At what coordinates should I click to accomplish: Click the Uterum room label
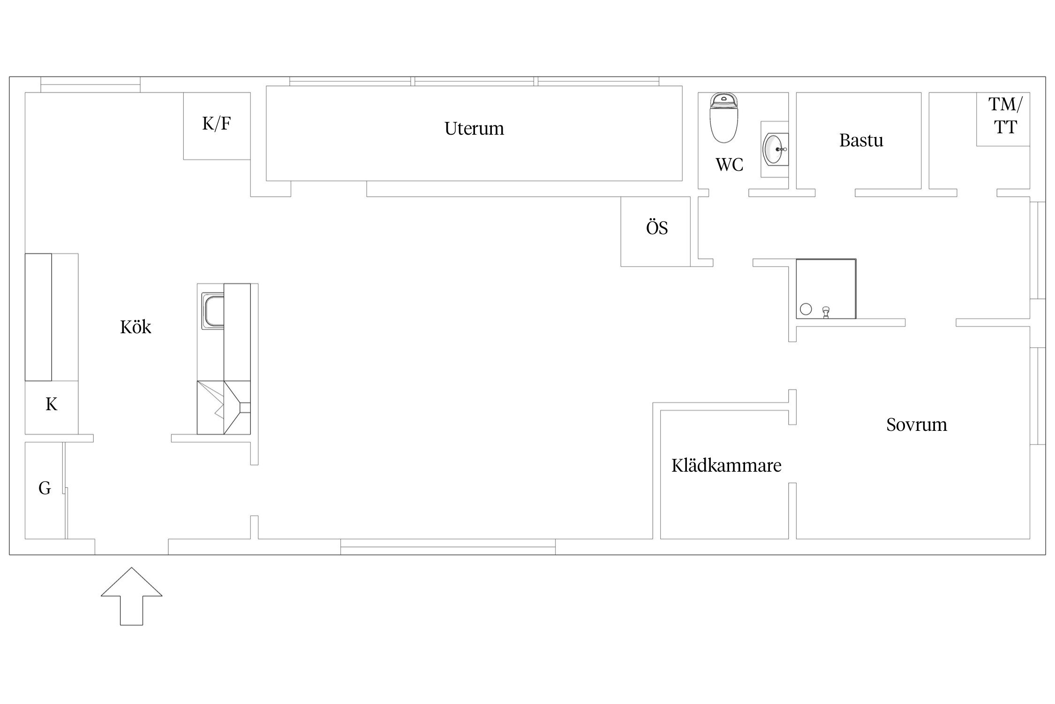click(474, 129)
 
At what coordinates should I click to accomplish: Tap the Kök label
click(136, 327)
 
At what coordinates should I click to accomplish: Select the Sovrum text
click(917, 425)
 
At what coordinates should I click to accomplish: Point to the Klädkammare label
click(726, 466)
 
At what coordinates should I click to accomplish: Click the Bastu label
click(861, 141)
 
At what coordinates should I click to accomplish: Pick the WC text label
click(729, 165)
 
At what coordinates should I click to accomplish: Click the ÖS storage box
click(656, 231)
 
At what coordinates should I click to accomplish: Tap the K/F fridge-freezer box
click(217, 126)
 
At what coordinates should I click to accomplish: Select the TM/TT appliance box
click(1003, 119)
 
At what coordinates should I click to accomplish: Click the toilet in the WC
click(723, 117)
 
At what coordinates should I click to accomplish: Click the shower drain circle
click(806, 309)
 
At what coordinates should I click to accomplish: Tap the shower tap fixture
click(826, 312)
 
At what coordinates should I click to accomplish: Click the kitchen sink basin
click(213, 310)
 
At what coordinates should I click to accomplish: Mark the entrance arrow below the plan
click(131, 596)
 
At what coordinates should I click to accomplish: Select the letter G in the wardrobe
click(45, 489)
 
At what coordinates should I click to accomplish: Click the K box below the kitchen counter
click(52, 407)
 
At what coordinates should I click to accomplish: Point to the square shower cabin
click(826, 289)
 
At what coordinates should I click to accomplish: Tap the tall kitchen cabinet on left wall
click(38, 317)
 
